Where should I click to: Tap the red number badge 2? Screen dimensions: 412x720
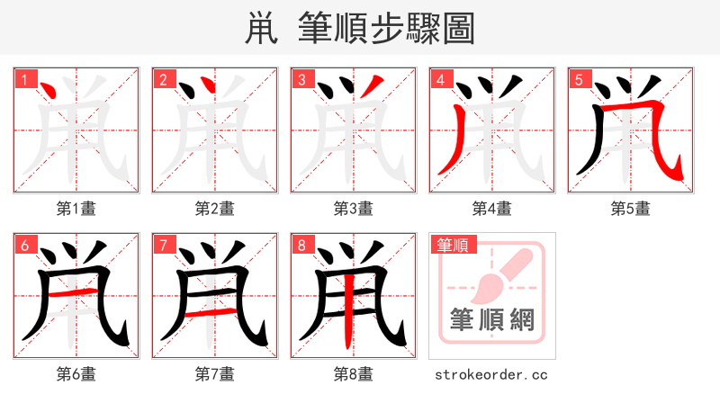pos(164,79)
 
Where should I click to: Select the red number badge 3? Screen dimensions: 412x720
pos(302,79)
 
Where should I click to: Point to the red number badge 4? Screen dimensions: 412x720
pos(441,79)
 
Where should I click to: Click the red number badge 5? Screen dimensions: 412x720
pos(580,79)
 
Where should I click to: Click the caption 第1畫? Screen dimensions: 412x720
pos(76,209)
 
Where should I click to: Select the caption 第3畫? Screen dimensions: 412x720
pos(354,209)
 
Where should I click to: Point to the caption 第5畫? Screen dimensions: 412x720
pos(631,209)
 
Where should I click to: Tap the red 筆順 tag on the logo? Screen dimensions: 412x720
pos(454,245)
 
